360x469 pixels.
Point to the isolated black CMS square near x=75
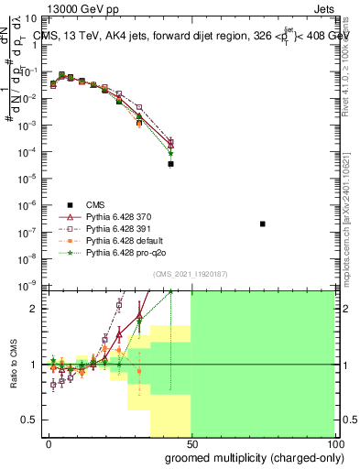coord(263,224)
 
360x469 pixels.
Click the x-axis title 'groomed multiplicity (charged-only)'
coord(250,457)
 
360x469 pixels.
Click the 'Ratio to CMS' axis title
coord(15,365)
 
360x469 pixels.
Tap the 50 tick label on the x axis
coord(191,443)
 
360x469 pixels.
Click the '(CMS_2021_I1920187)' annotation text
coord(190,274)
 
